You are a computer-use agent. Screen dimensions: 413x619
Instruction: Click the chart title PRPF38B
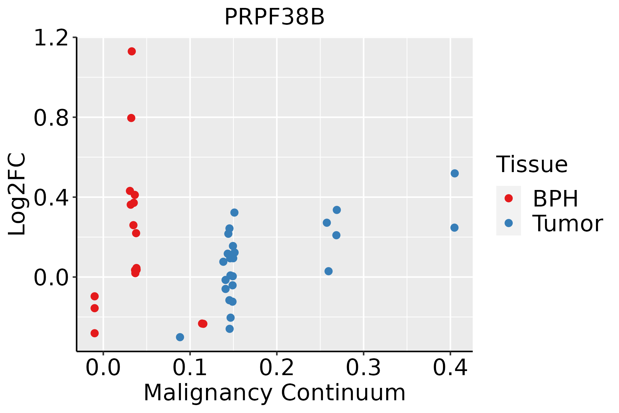pos(274,17)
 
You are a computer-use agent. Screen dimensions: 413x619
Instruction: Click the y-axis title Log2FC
pos(17,194)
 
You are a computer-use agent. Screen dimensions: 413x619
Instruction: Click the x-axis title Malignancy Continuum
pos(274,393)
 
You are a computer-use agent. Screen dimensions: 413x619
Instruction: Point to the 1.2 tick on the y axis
pos(51,38)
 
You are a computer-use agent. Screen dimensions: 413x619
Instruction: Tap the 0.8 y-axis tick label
pos(51,118)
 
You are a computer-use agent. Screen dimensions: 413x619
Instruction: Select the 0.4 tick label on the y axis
pos(51,198)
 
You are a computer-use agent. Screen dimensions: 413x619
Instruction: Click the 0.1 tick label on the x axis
pos(190,368)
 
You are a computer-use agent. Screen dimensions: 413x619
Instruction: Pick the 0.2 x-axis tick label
pos(276,368)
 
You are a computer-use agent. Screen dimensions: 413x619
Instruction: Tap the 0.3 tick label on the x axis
pos(363,368)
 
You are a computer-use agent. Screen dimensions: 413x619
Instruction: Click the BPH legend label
pos(555,199)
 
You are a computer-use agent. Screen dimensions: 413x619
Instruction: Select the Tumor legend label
pos(567,224)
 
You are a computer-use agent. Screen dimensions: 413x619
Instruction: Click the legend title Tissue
pos(532,165)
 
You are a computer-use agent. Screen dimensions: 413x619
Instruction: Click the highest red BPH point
pos(132,52)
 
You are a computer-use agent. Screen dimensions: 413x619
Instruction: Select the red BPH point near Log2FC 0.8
pos(131,118)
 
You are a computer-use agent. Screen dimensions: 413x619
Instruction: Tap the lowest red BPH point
pos(95,333)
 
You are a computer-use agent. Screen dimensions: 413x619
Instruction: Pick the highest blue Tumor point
pos(455,173)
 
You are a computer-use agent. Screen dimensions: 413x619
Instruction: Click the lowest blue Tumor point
pos(180,337)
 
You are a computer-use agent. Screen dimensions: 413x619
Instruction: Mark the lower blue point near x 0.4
pos(454,228)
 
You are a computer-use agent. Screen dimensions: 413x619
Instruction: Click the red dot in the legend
pos(508,198)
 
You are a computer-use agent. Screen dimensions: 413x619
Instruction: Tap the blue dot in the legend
pos(508,223)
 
